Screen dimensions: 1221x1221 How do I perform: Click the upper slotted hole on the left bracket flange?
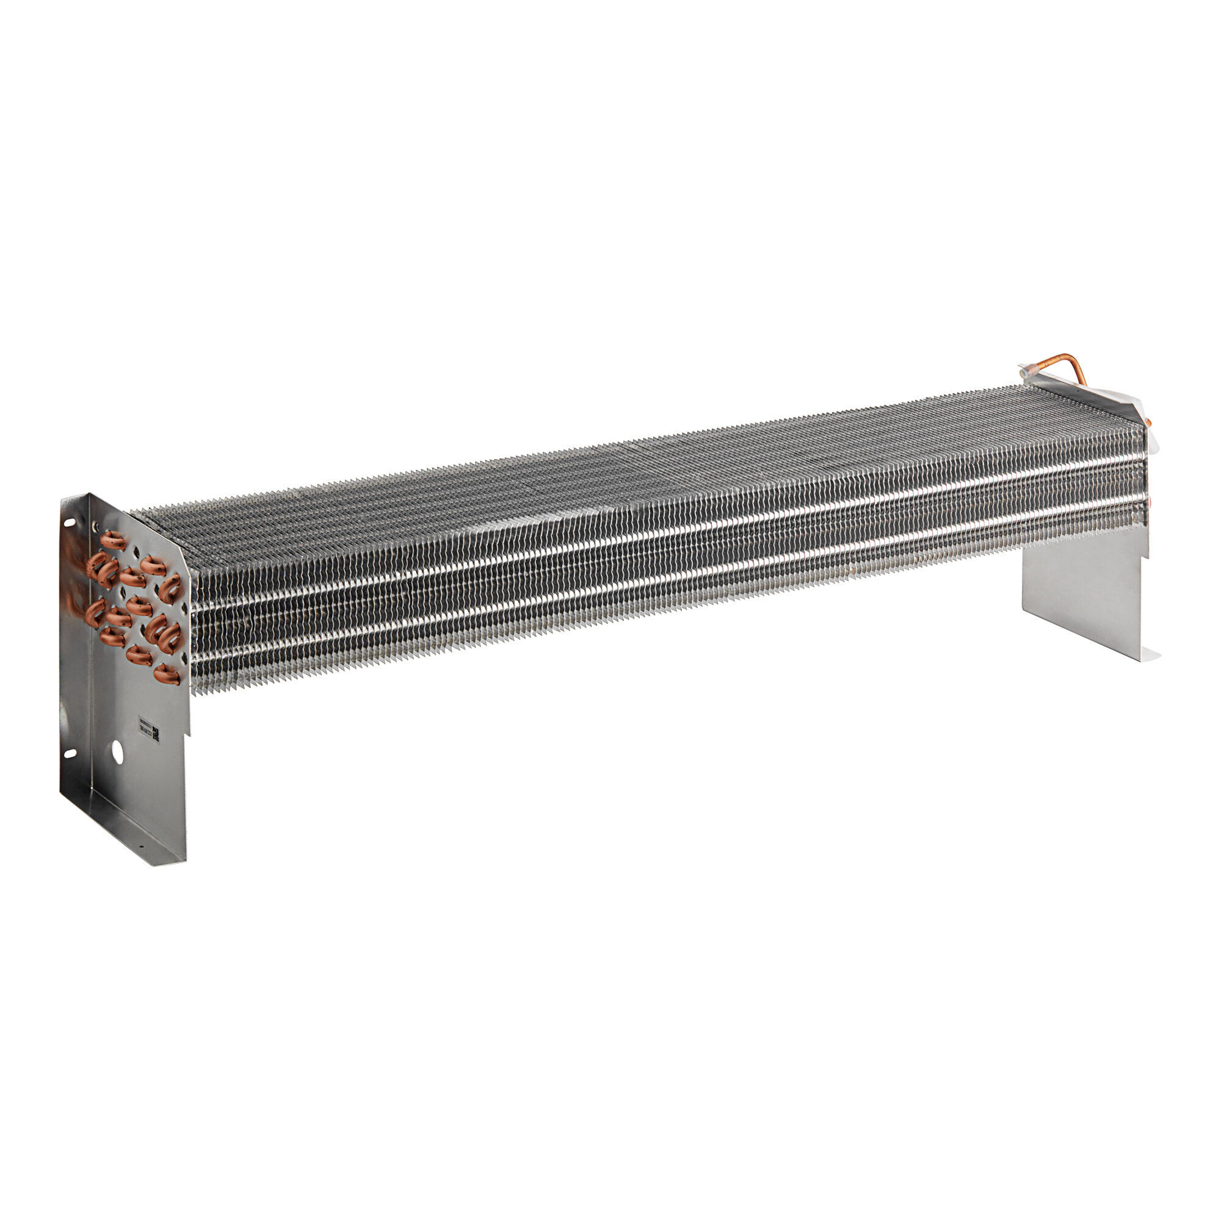pos(69,523)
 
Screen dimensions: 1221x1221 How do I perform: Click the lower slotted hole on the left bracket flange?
pos(69,754)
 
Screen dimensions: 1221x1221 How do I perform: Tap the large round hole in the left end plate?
pos(118,750)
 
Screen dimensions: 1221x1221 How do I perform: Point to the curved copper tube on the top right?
pos(1068,366)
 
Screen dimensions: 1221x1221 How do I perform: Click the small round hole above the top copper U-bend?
pos(96,526)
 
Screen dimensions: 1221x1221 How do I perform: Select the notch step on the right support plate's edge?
pos(1145,554)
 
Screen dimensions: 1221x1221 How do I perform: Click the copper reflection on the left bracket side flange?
pos(74,581)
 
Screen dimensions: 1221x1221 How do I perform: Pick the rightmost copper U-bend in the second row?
pos(169,587)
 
